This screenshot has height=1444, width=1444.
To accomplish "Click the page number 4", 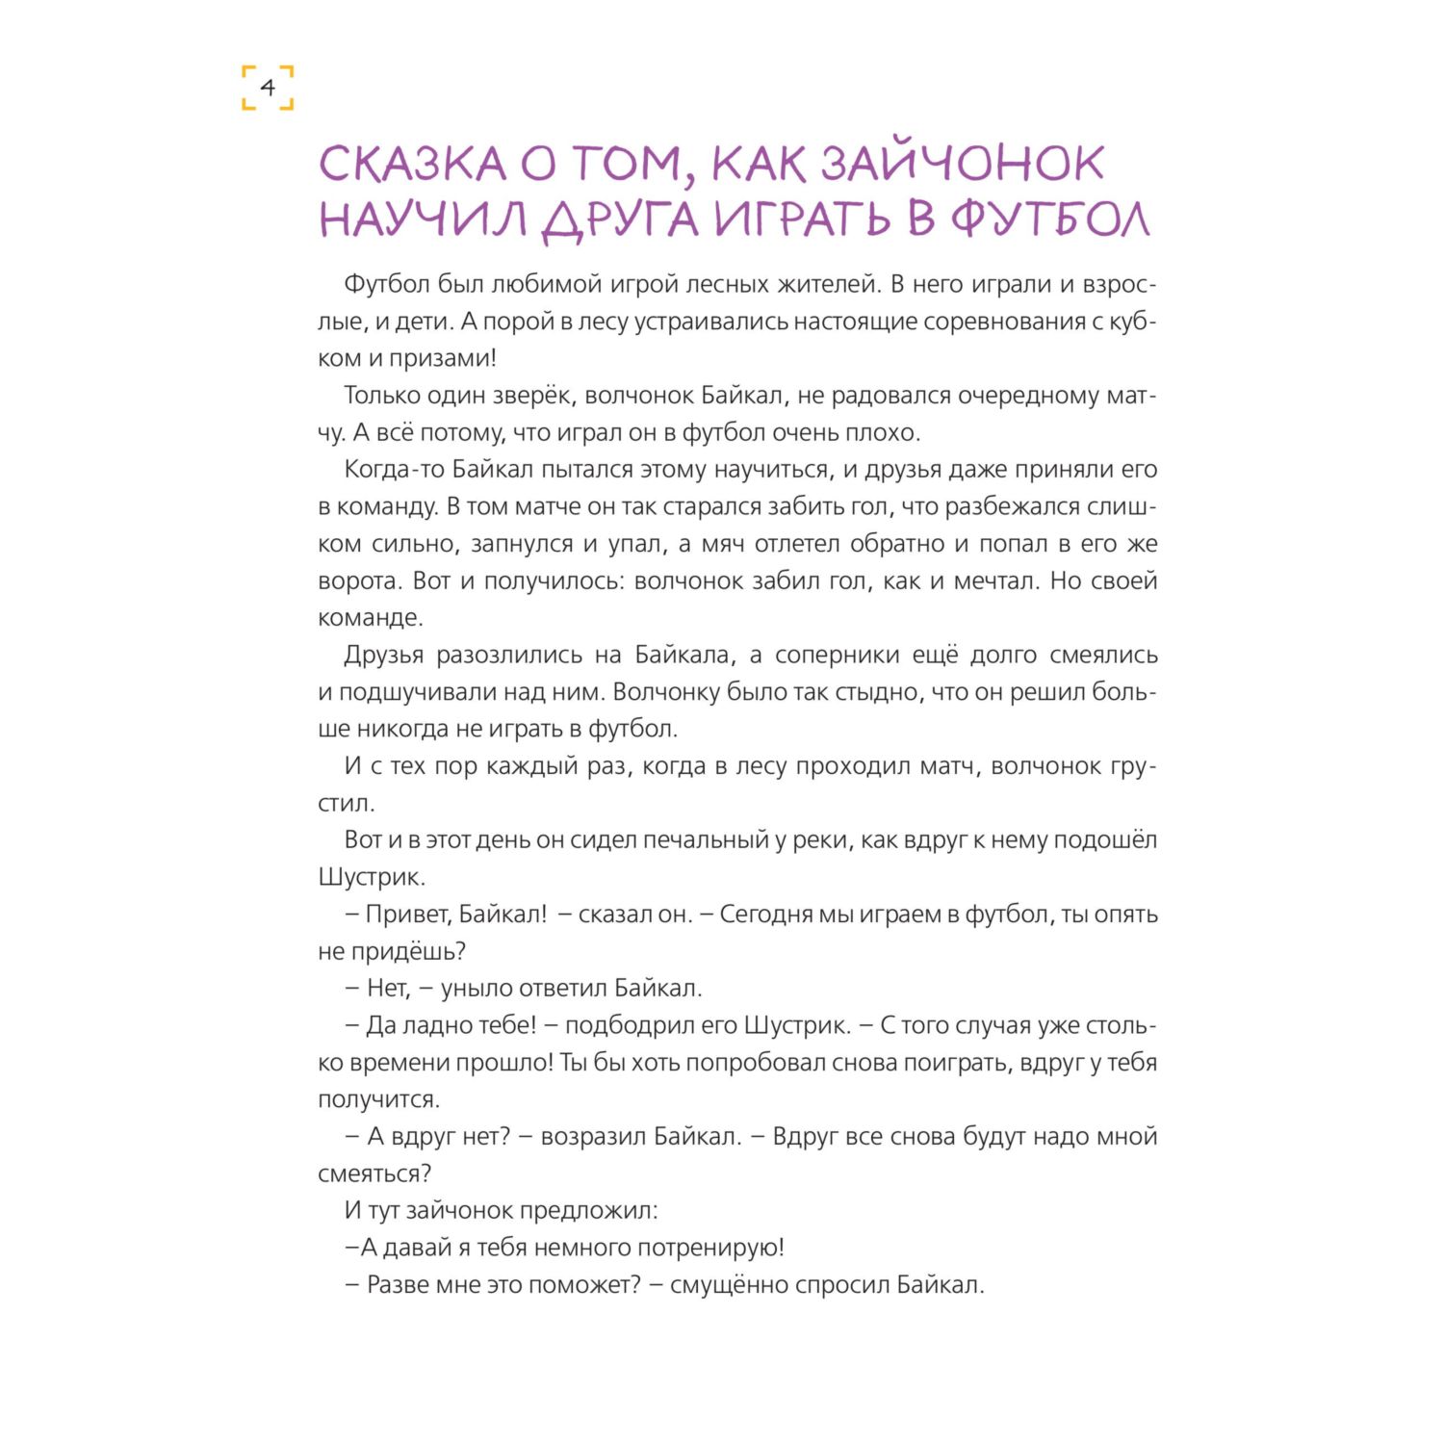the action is (x=268, y=88).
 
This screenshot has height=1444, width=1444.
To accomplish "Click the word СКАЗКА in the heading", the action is (x=412, y=165).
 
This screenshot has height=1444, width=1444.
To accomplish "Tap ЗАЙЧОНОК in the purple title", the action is (x=962, y=165).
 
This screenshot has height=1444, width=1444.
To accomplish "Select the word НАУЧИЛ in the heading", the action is (x=423, y=219).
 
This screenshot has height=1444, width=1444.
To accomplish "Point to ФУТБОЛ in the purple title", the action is (x=1050, y=219).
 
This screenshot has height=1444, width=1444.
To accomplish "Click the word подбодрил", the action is (x=630, y=1025).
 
